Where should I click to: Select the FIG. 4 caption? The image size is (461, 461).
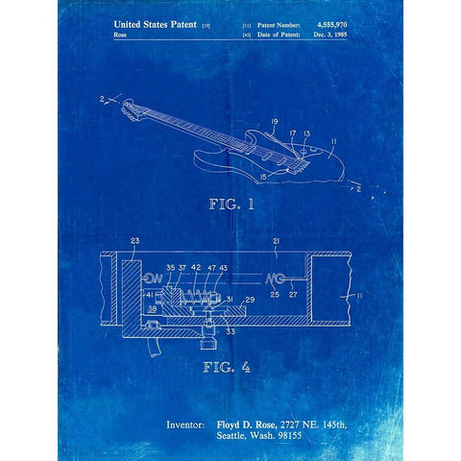coord(228,366)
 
